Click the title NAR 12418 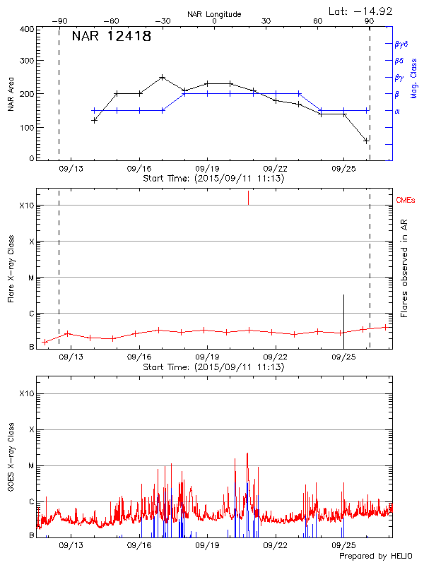112,37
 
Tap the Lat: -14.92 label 361,11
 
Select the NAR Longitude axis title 214,13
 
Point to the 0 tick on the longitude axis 214,22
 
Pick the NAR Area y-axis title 11,94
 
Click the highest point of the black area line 163,77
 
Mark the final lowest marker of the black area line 366,141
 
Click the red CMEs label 406,201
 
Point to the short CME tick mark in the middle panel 248,198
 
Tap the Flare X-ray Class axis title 11,269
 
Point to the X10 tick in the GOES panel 26,393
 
